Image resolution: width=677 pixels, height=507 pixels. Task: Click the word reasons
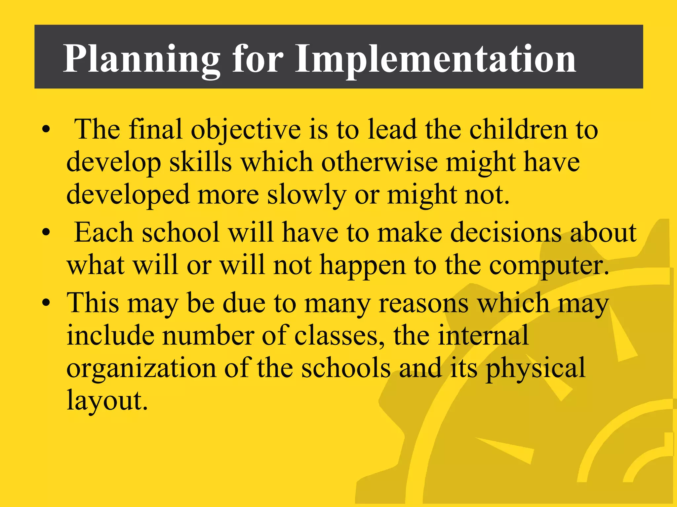(x=423, y=303)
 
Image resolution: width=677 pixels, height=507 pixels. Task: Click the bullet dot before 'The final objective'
(x=46, y=129)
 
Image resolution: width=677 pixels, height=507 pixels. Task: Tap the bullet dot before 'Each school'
(x=46, y=233)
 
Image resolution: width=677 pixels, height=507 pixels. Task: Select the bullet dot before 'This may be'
(x=46, y=303)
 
